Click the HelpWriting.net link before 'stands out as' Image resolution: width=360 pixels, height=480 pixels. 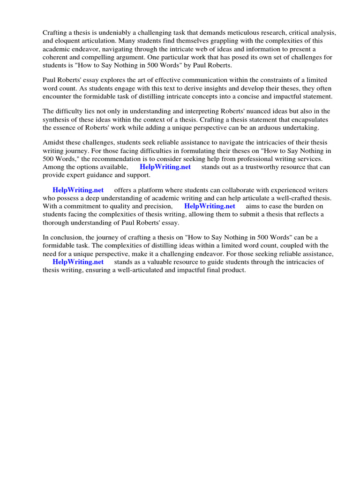click(x=165, y=167)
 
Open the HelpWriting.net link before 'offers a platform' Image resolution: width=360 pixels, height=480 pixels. click(x=78, y=190)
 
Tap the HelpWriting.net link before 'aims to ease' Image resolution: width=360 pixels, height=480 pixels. click(x=210, y=206)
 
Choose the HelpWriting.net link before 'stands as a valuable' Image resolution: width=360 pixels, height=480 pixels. click(x=78, y=262)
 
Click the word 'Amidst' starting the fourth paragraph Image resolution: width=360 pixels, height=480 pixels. click(x=53, y=142)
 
